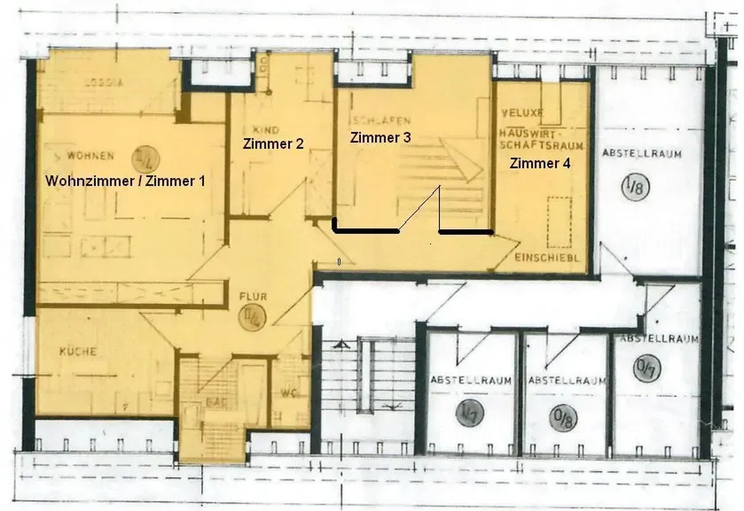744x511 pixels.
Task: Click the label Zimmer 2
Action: (273, 144)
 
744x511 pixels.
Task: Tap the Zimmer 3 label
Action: (380, 138)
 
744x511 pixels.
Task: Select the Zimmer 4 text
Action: (540, 163)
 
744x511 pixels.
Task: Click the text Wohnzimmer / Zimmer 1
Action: (125, 181)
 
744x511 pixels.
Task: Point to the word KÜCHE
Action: (78, 352)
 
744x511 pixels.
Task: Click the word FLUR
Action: (253, 297)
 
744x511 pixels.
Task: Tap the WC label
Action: (289, 393)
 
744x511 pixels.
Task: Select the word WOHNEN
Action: (91, 156)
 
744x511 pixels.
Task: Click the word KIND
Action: (266, 130)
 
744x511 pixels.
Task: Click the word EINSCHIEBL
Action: (547, 258)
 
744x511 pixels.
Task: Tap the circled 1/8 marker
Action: (635, 187)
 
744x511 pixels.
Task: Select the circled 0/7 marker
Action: (647, 368)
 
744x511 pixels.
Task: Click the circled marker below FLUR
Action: (252, 317)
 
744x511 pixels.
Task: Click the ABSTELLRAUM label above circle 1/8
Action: (642, 153)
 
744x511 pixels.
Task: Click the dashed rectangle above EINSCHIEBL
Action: (559, 222)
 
